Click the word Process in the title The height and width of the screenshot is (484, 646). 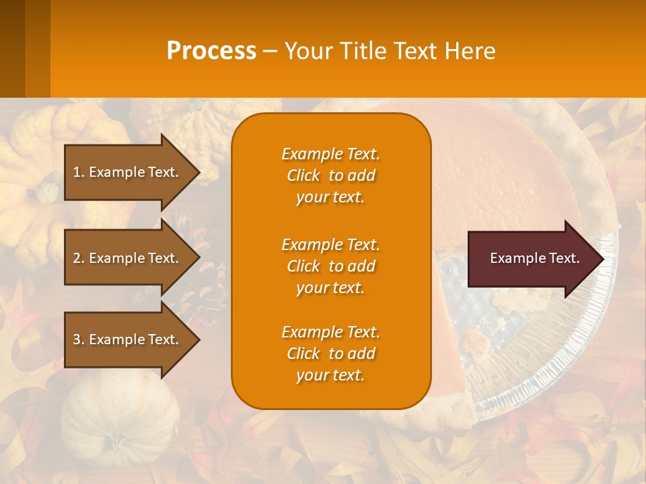pos(211,50)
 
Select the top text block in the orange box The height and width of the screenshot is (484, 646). pos(330,175)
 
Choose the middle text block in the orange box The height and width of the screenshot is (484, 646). pos(330,266)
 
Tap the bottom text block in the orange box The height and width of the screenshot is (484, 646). pos(330,354)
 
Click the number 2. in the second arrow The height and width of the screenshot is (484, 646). pos(79,258)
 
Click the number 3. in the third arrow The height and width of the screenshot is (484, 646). pos(79,339)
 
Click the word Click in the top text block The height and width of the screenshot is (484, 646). pos(303,175)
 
